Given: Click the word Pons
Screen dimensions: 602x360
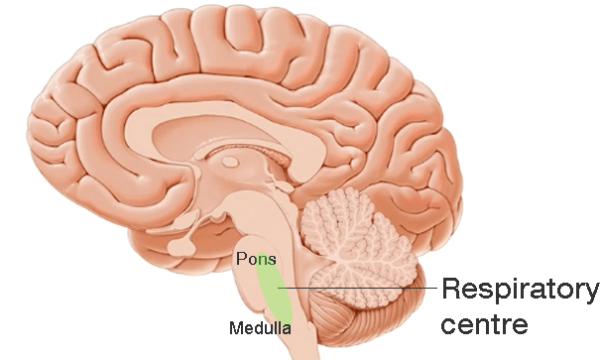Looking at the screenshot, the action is (x=256, y=259).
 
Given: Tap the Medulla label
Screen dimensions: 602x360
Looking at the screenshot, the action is (x=260, y=328).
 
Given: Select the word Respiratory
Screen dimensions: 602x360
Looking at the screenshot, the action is (x=521, y=291).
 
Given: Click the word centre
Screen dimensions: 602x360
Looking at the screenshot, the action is (x=485, y=324).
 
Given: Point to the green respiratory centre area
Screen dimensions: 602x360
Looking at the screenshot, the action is (x=275, y=292).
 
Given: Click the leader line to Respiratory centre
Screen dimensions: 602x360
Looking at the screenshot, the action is (x=357, y=288).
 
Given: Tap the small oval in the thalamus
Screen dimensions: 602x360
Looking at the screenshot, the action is (x=230, y=162).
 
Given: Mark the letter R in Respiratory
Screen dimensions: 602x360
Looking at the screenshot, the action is (x=452, y=289).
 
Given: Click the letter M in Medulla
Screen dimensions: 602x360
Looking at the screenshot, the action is (x=235, y=328).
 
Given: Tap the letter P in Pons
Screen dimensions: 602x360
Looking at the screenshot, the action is (x=241, y=259).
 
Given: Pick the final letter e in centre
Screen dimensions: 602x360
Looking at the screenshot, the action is (x=521, y=326).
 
